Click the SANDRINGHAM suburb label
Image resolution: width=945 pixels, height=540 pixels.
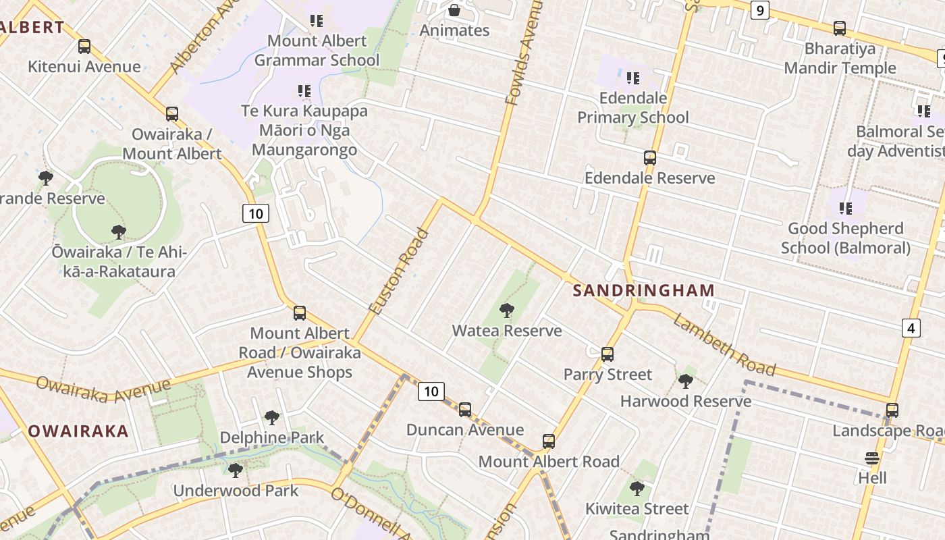643,291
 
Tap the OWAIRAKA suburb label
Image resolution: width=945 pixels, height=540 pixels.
78,431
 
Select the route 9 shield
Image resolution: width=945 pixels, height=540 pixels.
760,10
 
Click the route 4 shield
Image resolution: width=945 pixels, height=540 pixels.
911,328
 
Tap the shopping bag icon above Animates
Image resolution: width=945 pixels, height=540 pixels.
454,10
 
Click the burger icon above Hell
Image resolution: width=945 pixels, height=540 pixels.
872,458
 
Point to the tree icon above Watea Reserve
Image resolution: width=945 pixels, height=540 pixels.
506,310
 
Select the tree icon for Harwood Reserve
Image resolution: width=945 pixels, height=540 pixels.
686,381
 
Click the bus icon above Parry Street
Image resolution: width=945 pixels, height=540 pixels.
607,354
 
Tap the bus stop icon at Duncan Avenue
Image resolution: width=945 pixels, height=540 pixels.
465,410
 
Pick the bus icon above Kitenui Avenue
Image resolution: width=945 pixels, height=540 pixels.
84,47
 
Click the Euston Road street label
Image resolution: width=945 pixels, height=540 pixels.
399,271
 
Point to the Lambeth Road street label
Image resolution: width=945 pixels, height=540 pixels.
724,345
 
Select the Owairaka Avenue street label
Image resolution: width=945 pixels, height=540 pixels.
103,389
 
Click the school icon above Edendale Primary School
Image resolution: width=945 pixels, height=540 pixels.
633,78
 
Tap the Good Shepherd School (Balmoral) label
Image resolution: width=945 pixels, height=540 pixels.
845,238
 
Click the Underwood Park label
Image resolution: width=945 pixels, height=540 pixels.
236,490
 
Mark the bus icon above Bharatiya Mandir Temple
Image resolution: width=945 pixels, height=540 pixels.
840,28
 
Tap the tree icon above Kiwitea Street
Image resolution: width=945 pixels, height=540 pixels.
637,488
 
